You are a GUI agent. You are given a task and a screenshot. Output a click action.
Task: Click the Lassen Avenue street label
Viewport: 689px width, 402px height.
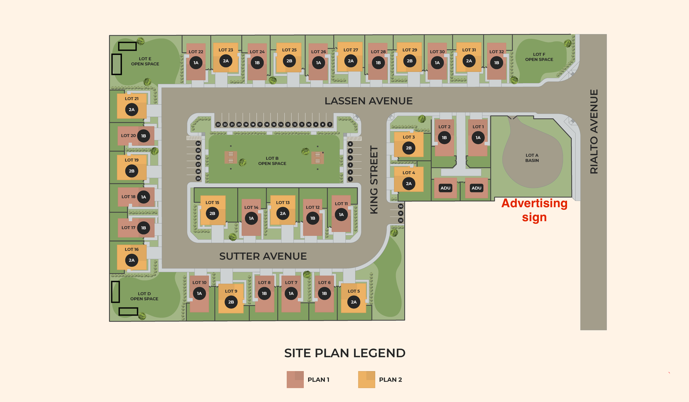pyautogui.click(x=368, y=101)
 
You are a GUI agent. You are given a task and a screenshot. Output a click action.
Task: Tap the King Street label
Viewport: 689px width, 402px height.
pyautogui.click(x=374, y=180)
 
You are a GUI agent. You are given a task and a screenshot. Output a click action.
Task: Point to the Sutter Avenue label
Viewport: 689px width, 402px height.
pyautogui.click(x=263, y=256)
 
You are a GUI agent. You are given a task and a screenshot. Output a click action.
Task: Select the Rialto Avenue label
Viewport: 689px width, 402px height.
pyautogui.click(x=594, y=132)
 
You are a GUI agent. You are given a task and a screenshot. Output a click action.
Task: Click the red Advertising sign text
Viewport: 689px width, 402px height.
pyautogui.click(x=534, y=210)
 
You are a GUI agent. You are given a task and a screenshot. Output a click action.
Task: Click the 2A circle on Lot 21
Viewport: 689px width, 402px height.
pyautogui.click(x=131, y=110)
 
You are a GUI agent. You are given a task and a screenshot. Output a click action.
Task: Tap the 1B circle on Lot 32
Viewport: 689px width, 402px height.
pyautogui.click(x=496, y=63)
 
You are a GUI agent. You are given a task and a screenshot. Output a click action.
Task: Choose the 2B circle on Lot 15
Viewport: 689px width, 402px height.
pyautogui.click(x=212, y=213)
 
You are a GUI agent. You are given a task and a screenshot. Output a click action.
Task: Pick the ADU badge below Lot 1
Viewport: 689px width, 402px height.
pyautogui.click(x=476, y=188)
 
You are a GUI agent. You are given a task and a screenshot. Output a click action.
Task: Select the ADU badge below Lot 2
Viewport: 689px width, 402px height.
pyautogui.click(x=445, y=188)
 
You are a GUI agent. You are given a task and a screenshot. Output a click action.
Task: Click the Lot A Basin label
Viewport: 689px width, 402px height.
pyautogui.click(x=532, y=158)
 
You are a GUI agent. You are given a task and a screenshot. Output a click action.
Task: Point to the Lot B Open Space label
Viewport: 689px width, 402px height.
pyautogui.click(x=272, y=161)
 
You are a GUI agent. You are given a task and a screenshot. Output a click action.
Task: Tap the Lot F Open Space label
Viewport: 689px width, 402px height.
pyautogui.click(x=539, y=57)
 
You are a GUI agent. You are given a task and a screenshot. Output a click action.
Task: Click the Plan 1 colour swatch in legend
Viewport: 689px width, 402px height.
pyautogui.click(x=295, y=379)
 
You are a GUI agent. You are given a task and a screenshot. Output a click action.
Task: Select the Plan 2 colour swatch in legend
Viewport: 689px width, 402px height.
pyautogui.click(x=367, y=379)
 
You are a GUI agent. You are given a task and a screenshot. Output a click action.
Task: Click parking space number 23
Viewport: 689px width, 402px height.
pyautogui.click(x=218, y=124)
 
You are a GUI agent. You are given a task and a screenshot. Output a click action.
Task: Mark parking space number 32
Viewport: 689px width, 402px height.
pyautogui.click(x=400, y=220)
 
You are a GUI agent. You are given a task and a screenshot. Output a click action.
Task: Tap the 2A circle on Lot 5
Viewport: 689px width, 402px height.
pyautogui.click(x=354, y=302)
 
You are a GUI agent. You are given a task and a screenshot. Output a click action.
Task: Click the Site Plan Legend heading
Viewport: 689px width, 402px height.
pyautogui.click(x=345, y=353)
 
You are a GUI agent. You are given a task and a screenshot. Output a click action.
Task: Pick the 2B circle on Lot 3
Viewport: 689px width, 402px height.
pyautogui.click(x=408, y=148)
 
